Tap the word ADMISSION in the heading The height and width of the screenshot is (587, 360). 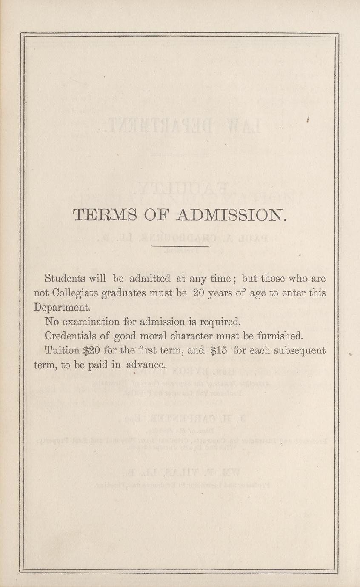pos(229,215)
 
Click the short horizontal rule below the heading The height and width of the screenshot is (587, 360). pos(180,246)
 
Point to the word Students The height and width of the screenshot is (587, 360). pos(65,279)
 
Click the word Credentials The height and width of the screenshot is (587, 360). pos(71,336)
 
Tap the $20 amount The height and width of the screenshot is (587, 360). pos(91,350)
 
